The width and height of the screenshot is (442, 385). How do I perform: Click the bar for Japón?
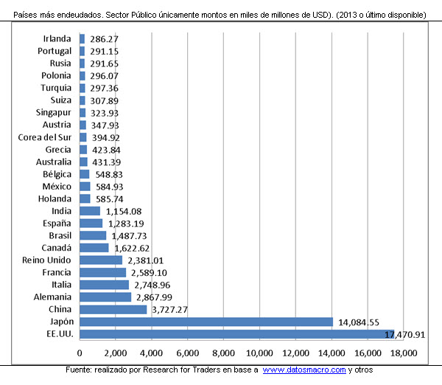click(206, 322)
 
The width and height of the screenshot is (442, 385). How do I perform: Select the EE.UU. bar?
click(236, 334)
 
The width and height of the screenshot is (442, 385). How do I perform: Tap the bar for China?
click(113, 309)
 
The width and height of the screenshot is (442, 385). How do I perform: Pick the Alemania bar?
click(105, 296)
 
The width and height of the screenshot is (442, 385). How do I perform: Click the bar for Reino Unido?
click(101, 260)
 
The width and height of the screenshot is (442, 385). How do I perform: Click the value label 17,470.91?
click(405, 336)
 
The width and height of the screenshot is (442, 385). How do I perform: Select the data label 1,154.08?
click(124, 211)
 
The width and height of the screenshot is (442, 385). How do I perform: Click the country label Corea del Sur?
click(45, 136)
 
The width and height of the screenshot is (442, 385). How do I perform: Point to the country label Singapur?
click(54, 112)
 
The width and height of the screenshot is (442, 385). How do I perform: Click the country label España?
click(57, 223)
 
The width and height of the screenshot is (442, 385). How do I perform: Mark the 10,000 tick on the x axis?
click(260, 353)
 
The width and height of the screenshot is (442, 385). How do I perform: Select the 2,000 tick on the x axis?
click(116, 353)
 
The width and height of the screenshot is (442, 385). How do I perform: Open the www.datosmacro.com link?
click(304, 370)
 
